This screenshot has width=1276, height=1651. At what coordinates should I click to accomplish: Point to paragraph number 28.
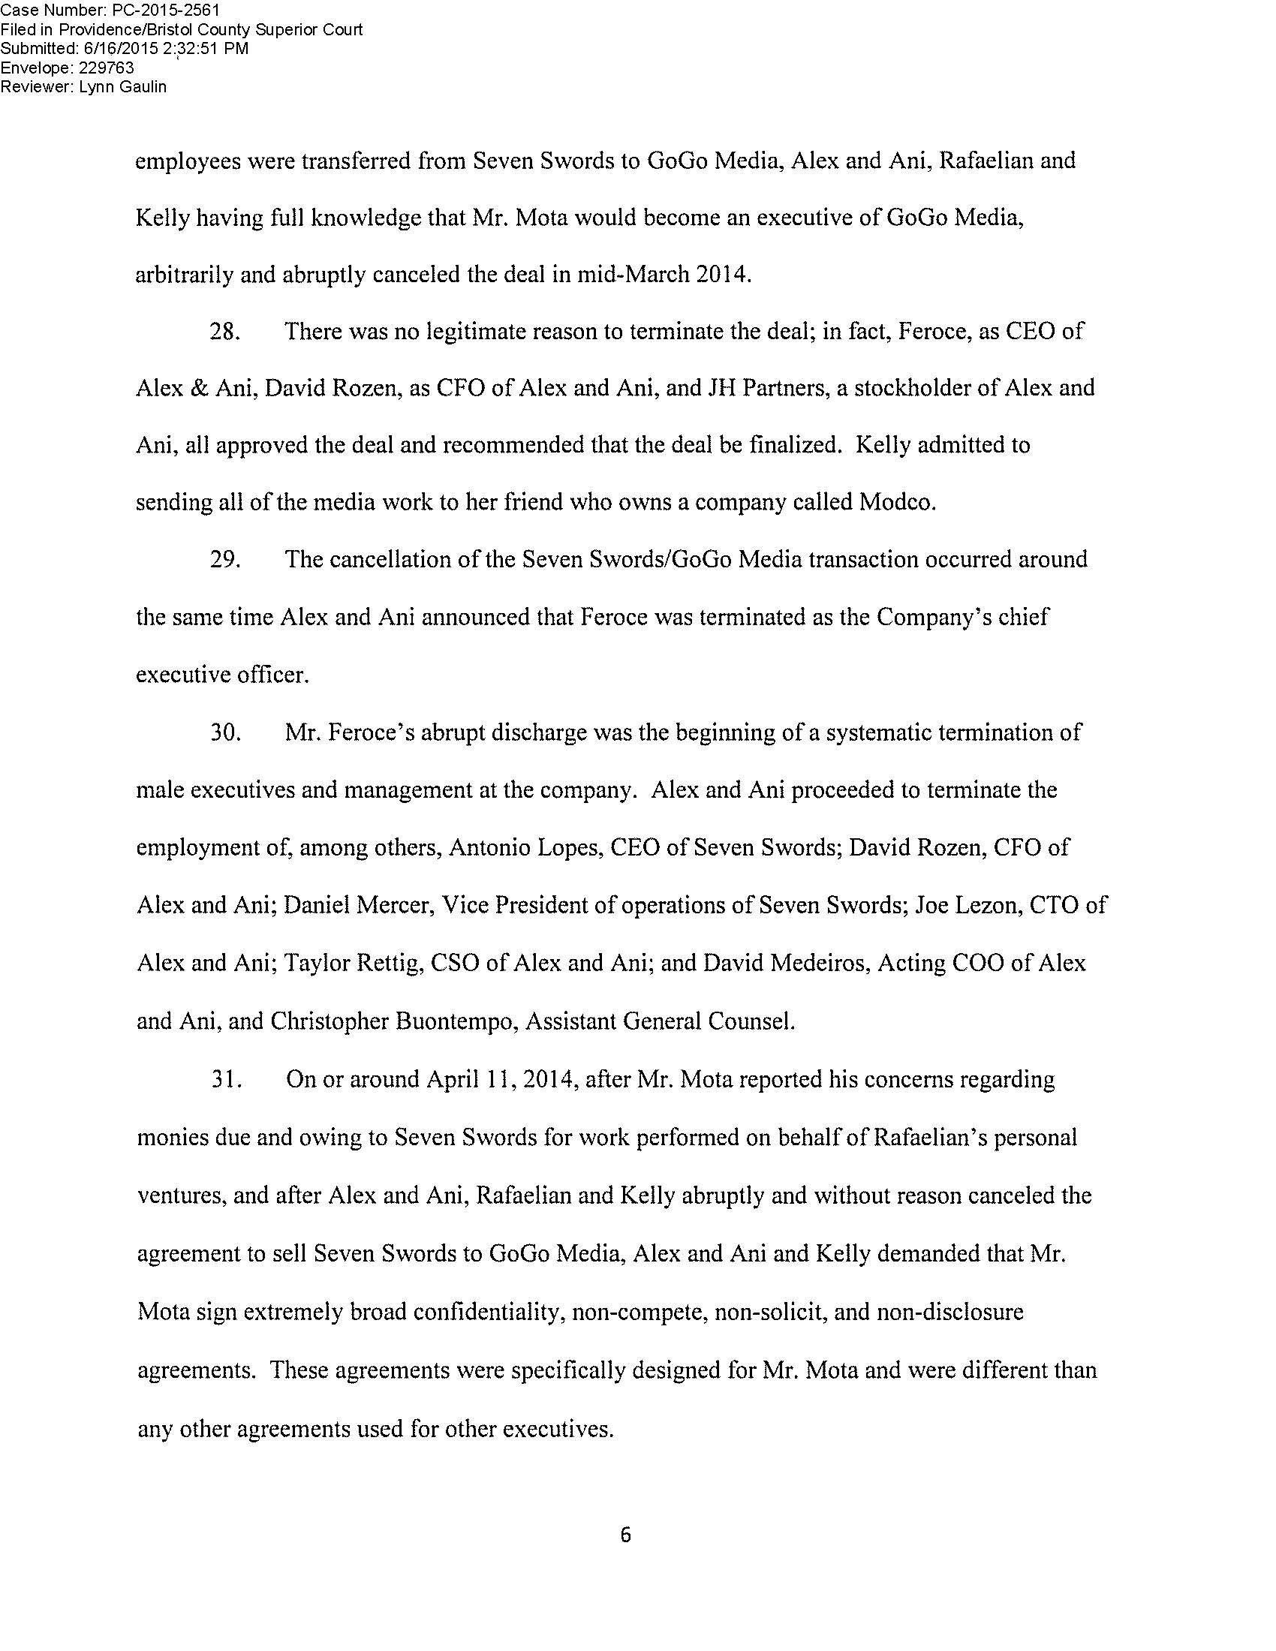pyautogui.click(x=224, y=332)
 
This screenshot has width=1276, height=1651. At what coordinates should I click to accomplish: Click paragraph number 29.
pyautogui.click(x=224, y=560)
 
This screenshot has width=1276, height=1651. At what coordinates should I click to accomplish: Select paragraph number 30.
pyautogui.click(x=224, y=732)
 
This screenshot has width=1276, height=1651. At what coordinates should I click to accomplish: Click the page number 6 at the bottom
pyautogui.click(x=624, y=1535)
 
